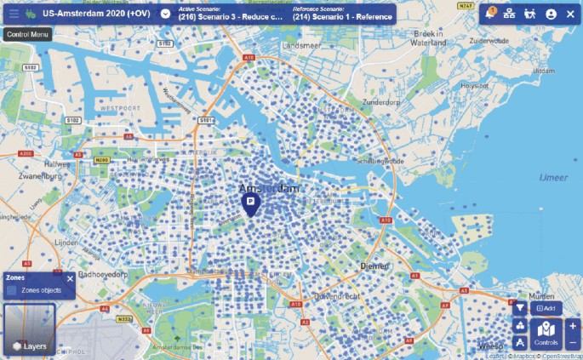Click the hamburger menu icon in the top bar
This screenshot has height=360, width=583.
14,14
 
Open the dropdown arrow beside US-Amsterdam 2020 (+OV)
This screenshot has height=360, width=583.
164,14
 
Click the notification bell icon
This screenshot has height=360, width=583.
489,14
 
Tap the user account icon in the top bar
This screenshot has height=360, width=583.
551,14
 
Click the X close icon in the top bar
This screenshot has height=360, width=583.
570,14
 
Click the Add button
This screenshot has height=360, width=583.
546,308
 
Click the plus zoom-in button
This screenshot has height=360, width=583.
573,326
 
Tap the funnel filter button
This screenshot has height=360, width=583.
520,308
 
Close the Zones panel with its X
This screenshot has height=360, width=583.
70,278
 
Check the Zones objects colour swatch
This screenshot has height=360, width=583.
11,290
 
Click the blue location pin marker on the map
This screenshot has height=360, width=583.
251,203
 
